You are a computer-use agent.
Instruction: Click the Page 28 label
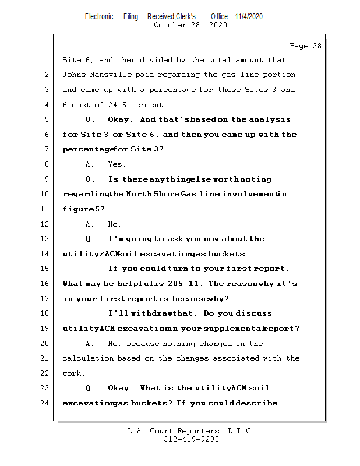(305, 46)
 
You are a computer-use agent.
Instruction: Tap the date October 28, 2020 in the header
(190, 25)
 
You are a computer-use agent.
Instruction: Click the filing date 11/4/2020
(249, 16)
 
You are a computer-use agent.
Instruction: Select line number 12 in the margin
(46, 224)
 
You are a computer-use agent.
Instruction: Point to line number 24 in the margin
(46, 403)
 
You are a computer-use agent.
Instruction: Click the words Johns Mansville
(90, 75)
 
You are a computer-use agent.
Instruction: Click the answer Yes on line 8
(117, 164)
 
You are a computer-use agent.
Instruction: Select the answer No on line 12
(114, 224)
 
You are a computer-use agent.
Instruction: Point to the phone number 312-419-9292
(191, 439)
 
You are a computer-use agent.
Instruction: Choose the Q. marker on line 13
(90, 239)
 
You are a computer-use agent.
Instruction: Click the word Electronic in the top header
(99, 16)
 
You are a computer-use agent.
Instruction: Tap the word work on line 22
(73, 373)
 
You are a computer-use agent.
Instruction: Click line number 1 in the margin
(46, 60)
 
